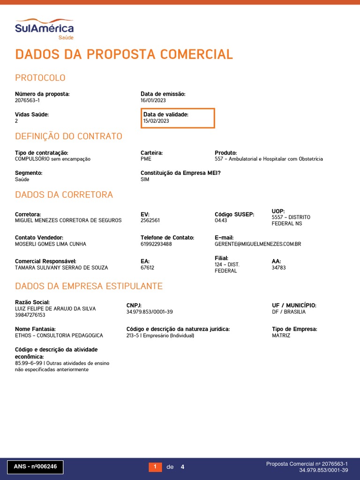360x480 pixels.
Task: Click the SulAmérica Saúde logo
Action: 44,29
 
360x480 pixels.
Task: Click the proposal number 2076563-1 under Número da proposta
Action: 27,100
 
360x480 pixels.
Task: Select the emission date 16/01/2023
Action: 153,100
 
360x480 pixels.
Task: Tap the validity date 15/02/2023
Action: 156,121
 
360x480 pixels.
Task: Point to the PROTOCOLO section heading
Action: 40,78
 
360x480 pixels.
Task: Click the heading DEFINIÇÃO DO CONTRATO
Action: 68,136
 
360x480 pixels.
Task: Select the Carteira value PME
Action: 146,159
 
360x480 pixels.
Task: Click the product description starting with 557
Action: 269,159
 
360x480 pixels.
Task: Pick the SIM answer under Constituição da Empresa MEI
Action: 145,180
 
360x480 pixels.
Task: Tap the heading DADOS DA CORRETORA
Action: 64,195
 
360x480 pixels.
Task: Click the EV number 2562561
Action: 150,220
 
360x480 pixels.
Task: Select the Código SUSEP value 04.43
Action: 221,220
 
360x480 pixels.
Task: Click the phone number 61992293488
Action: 156,244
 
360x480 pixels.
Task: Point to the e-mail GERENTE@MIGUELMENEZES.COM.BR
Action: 258,244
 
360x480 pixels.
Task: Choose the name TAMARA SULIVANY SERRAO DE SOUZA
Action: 61,268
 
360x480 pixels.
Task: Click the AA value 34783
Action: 278,268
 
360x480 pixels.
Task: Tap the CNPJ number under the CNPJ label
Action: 150,312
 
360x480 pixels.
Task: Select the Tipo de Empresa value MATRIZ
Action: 281,336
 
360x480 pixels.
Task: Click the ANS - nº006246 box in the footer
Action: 35,467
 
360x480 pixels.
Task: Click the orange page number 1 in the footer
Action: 155,467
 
